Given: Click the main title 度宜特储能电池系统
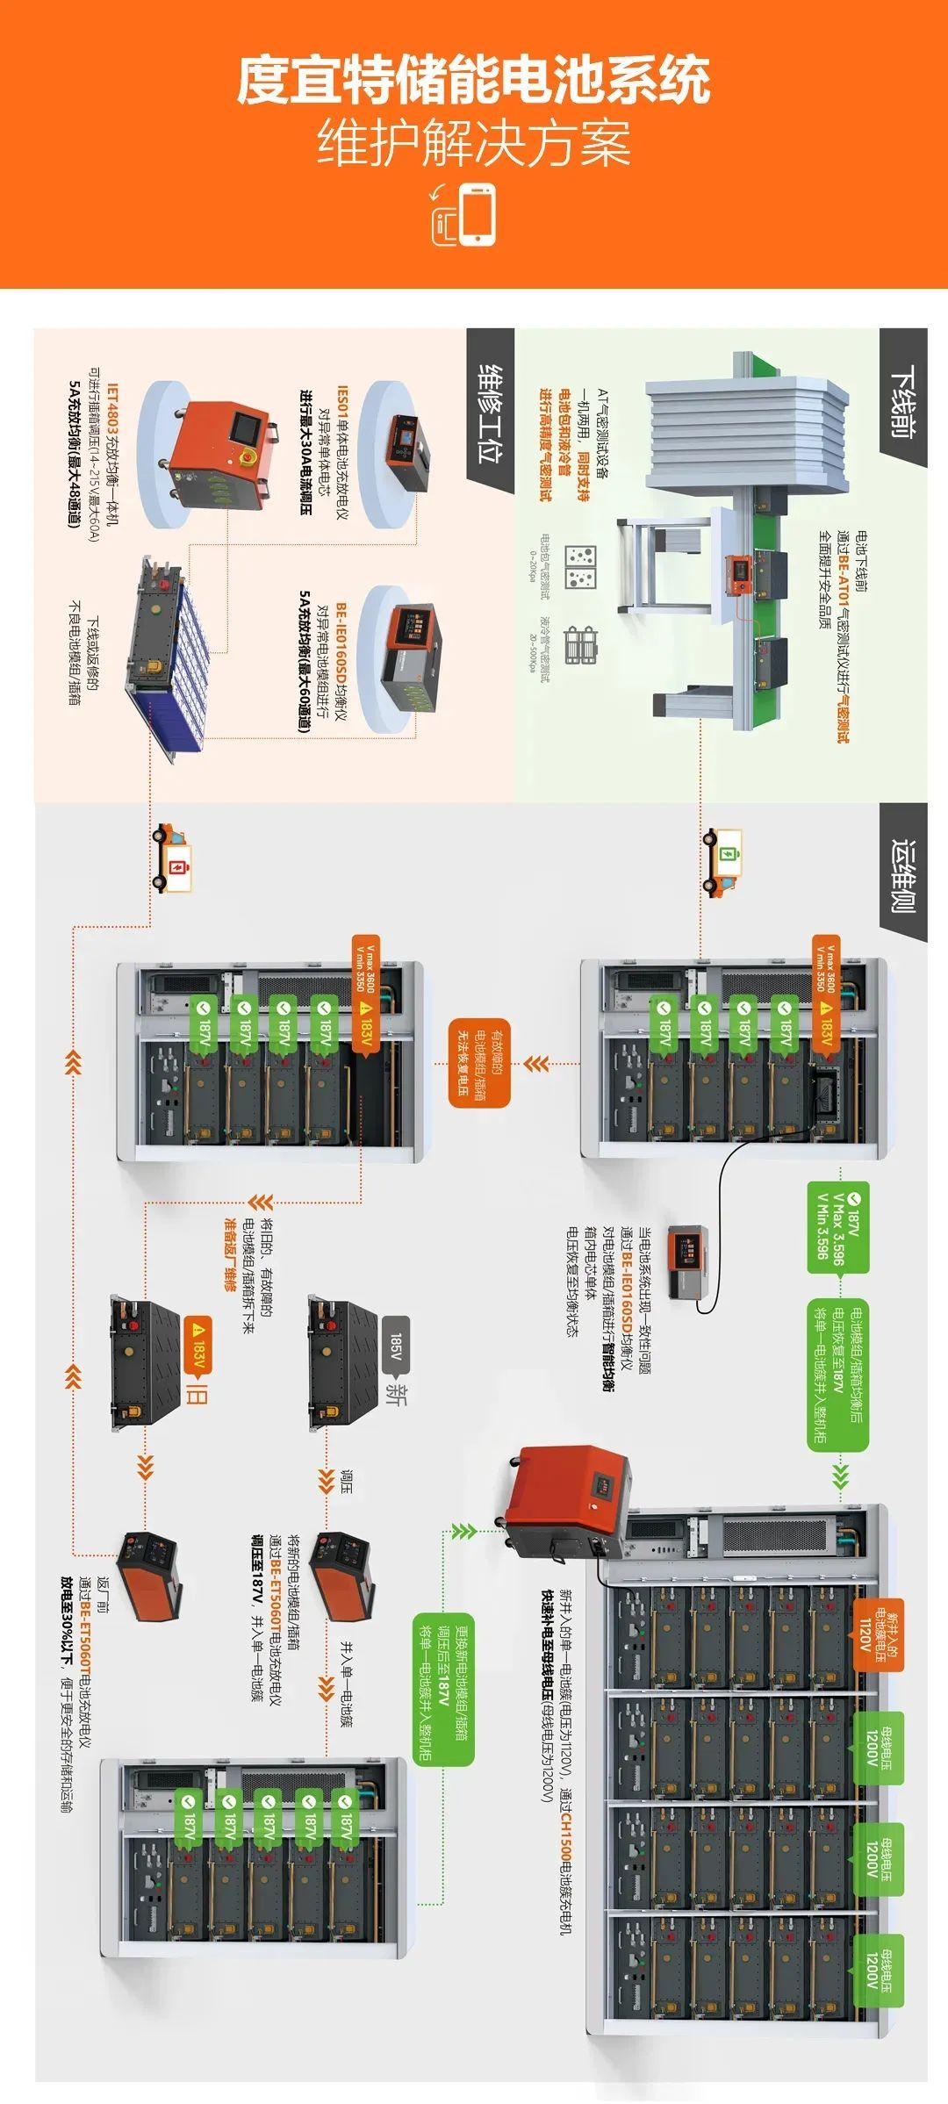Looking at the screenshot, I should point(473,80).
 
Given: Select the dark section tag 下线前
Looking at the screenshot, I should point(903,399).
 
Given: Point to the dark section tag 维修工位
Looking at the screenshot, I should point(490,413).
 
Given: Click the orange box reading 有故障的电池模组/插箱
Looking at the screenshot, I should point(479,1062).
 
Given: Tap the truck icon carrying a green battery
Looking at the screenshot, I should point(722,861).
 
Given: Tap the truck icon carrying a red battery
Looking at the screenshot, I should point(172,858).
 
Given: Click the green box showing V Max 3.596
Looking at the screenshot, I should point(837,1226).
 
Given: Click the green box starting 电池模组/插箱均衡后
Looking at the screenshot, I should point(837,1375).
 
